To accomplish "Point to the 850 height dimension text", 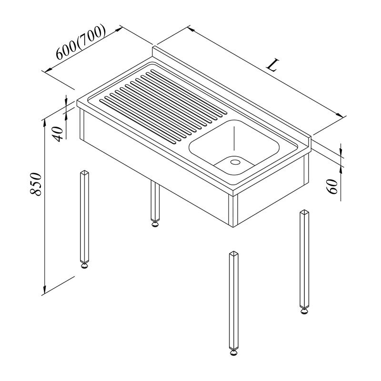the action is (36, 184).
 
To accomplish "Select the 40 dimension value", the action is (58, 134).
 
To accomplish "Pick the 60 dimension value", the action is (332, 186).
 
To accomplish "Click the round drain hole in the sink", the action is (235, 162).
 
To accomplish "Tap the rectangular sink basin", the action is (234, 147).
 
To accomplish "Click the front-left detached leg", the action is (84, 219).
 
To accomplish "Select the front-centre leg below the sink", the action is (234, 304).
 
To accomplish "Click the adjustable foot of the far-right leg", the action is (304, 311).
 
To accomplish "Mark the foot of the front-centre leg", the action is (234, 352).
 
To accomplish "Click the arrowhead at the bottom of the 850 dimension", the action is (44, 289).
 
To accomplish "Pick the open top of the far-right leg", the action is (304, 212).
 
